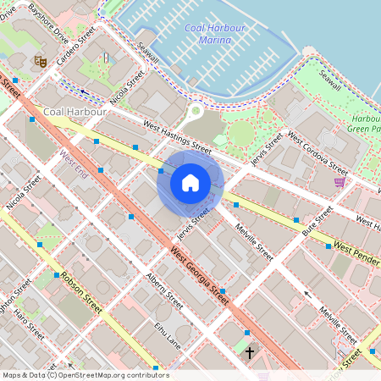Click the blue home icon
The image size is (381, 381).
tap(190, 183)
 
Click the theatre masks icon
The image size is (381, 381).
tap(38, 61)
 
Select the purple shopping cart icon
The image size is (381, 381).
tap(340, 182)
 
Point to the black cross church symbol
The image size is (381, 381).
tap(250, 350)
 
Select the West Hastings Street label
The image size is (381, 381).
tap(177, 135)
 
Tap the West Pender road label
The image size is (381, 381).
tap(356, 249)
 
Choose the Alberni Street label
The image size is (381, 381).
tap(164, 290)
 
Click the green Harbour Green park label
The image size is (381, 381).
tap(363, 124)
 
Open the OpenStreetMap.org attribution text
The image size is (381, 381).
tap(85, 375)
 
